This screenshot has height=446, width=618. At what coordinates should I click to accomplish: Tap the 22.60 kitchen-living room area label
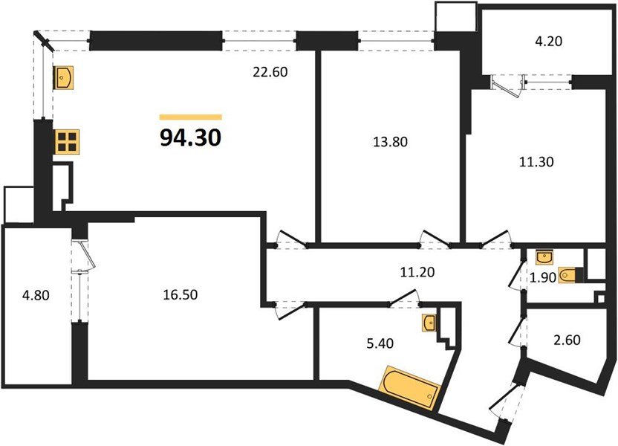coord(269,72)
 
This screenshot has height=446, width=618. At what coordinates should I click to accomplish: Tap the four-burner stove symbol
coord(67,141)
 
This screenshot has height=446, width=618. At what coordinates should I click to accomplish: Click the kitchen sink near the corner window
coord(64,76)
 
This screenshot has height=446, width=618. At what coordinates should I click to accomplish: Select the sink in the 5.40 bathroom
coord(429,323)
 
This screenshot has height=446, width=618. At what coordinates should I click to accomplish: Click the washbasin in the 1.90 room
coord(544,257)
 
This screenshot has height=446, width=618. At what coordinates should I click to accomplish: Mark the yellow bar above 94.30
coord(191,117)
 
